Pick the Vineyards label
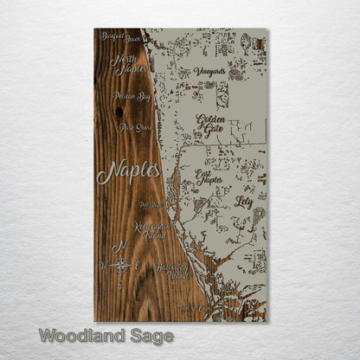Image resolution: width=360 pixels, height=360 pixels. [x=209, y=72]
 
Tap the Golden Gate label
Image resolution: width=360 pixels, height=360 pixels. [x=211, y=125]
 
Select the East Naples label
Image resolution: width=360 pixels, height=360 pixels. [x=209, y=178]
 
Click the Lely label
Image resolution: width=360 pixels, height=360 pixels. [x=243, y=201]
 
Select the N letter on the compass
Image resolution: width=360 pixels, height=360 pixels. [x=122, y=245]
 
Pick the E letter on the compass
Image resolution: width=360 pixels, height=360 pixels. [x=138, y=266]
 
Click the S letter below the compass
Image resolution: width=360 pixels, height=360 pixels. [x=121, y=285]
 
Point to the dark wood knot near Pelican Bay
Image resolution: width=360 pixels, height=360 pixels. [x=118, y=112]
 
